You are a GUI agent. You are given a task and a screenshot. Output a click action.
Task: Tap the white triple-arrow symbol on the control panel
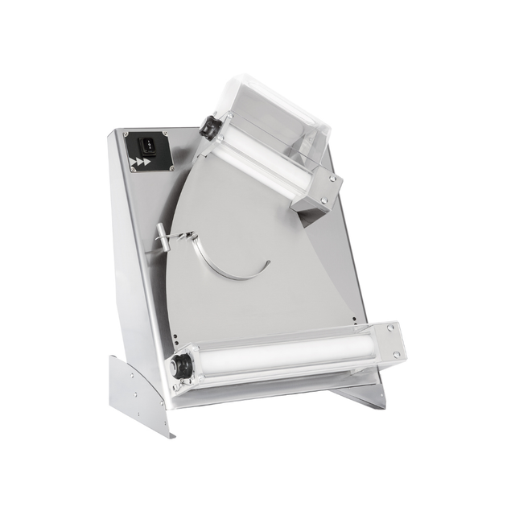click(x=140, y=163)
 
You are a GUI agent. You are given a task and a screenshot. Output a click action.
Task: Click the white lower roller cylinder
click(x=274, y=355)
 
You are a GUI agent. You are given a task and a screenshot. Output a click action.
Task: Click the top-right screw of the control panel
click(x=165, y=134)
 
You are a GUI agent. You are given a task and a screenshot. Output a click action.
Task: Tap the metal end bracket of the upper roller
click(x=318, y=193)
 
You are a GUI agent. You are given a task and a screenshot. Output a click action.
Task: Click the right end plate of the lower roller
click(x=389, y=341)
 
